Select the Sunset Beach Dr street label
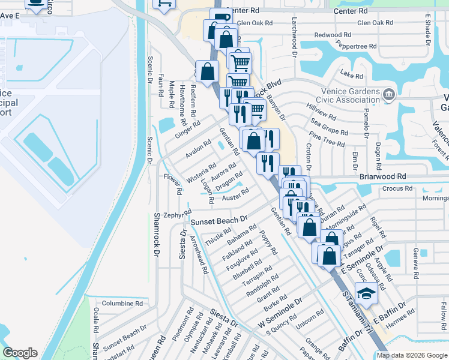(219, 221)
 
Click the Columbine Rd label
(122, 304)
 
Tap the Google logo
(20, 353)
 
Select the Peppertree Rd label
(356, 46)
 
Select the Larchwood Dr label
(295, 37)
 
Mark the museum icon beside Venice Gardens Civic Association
(390, 94)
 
